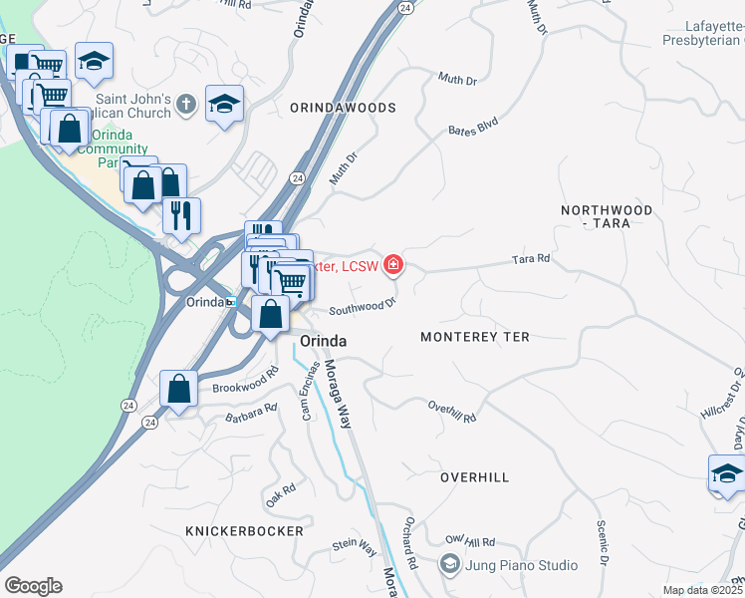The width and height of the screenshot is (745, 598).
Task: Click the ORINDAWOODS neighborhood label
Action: pos(343,107)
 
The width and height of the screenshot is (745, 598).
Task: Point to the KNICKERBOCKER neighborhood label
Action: pos(244,531)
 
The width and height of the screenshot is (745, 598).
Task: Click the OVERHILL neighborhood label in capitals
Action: pos(475,477)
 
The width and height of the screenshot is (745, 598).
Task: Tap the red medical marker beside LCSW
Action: pos(394,265)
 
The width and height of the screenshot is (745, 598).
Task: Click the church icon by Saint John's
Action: pos(185,103)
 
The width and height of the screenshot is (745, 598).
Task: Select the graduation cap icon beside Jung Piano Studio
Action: pos(451,565)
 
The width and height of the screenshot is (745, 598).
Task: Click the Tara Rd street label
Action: pos(531,259)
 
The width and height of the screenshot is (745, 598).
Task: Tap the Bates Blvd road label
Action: pos(472,129)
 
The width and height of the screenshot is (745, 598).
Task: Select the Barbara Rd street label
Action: pos(251,413)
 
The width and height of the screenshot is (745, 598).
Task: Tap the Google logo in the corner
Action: pos(33,586)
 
